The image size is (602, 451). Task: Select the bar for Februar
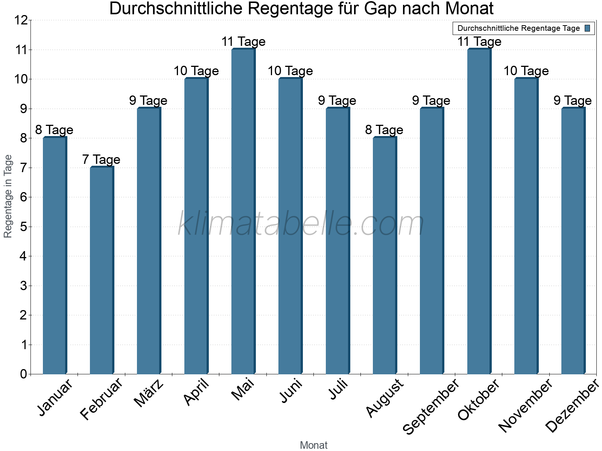point(102,271)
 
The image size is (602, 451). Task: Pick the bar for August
point(385,256)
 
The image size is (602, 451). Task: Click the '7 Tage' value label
point(101,160)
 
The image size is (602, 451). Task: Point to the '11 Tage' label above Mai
point(243,42)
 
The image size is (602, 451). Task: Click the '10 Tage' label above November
point(526,71)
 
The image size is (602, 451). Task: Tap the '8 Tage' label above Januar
point(54,130)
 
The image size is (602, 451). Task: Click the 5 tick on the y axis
point(23,227)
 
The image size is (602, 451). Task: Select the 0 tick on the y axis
point(23,374)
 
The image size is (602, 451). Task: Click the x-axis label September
point(431,406)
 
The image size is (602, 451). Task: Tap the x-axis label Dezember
point(572,406)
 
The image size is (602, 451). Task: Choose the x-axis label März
point(149,393)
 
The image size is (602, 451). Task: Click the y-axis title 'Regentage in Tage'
point(8,196)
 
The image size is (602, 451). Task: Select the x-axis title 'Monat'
point(313,445)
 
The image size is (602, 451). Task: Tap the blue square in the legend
point(587,28)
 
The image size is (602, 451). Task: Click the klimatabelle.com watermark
point(301,224)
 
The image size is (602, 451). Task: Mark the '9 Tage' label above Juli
point(337,101)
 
